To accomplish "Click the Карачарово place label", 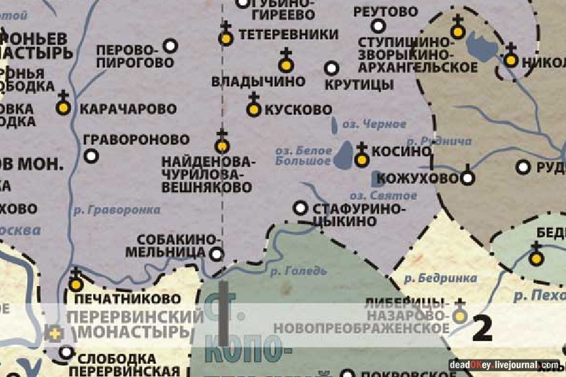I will (128, 109).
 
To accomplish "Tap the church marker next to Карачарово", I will (62, 107).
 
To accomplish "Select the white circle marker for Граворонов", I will (92, 155).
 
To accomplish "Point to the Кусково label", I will (298, 109).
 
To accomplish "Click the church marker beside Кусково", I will (253, 109).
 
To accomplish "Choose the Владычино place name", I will (258, 81).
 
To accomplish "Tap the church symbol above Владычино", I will (286, 63).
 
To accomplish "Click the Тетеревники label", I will (287, 34).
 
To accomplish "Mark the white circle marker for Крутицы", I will (331, 68).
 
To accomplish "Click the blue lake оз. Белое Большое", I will (345, 155).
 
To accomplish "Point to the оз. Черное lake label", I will (375, 124).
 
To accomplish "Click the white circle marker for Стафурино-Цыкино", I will (301, 207).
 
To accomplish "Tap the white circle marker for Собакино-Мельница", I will (216, 254).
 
